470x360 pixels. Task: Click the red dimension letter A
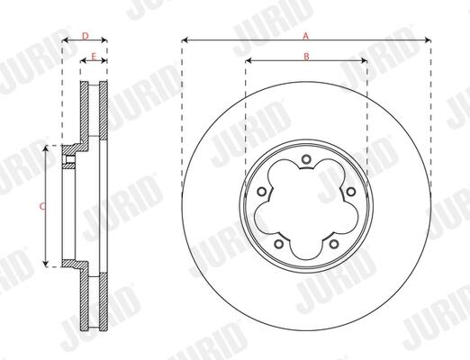(x=305, y=36)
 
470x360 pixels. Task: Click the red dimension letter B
(x=306, y=56)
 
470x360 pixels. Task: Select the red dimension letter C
(x=42, y=206)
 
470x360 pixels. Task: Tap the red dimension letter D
(x=86, y=36)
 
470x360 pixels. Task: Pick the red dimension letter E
(x=94, y=57)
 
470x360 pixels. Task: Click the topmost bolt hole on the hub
(x=306, y=159)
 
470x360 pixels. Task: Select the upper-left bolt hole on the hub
(x=262, y=192)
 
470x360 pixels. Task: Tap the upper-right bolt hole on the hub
(x=350, y=192)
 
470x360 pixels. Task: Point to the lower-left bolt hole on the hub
(x=279, y=244)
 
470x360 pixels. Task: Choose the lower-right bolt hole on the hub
(x=334, y=244)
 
